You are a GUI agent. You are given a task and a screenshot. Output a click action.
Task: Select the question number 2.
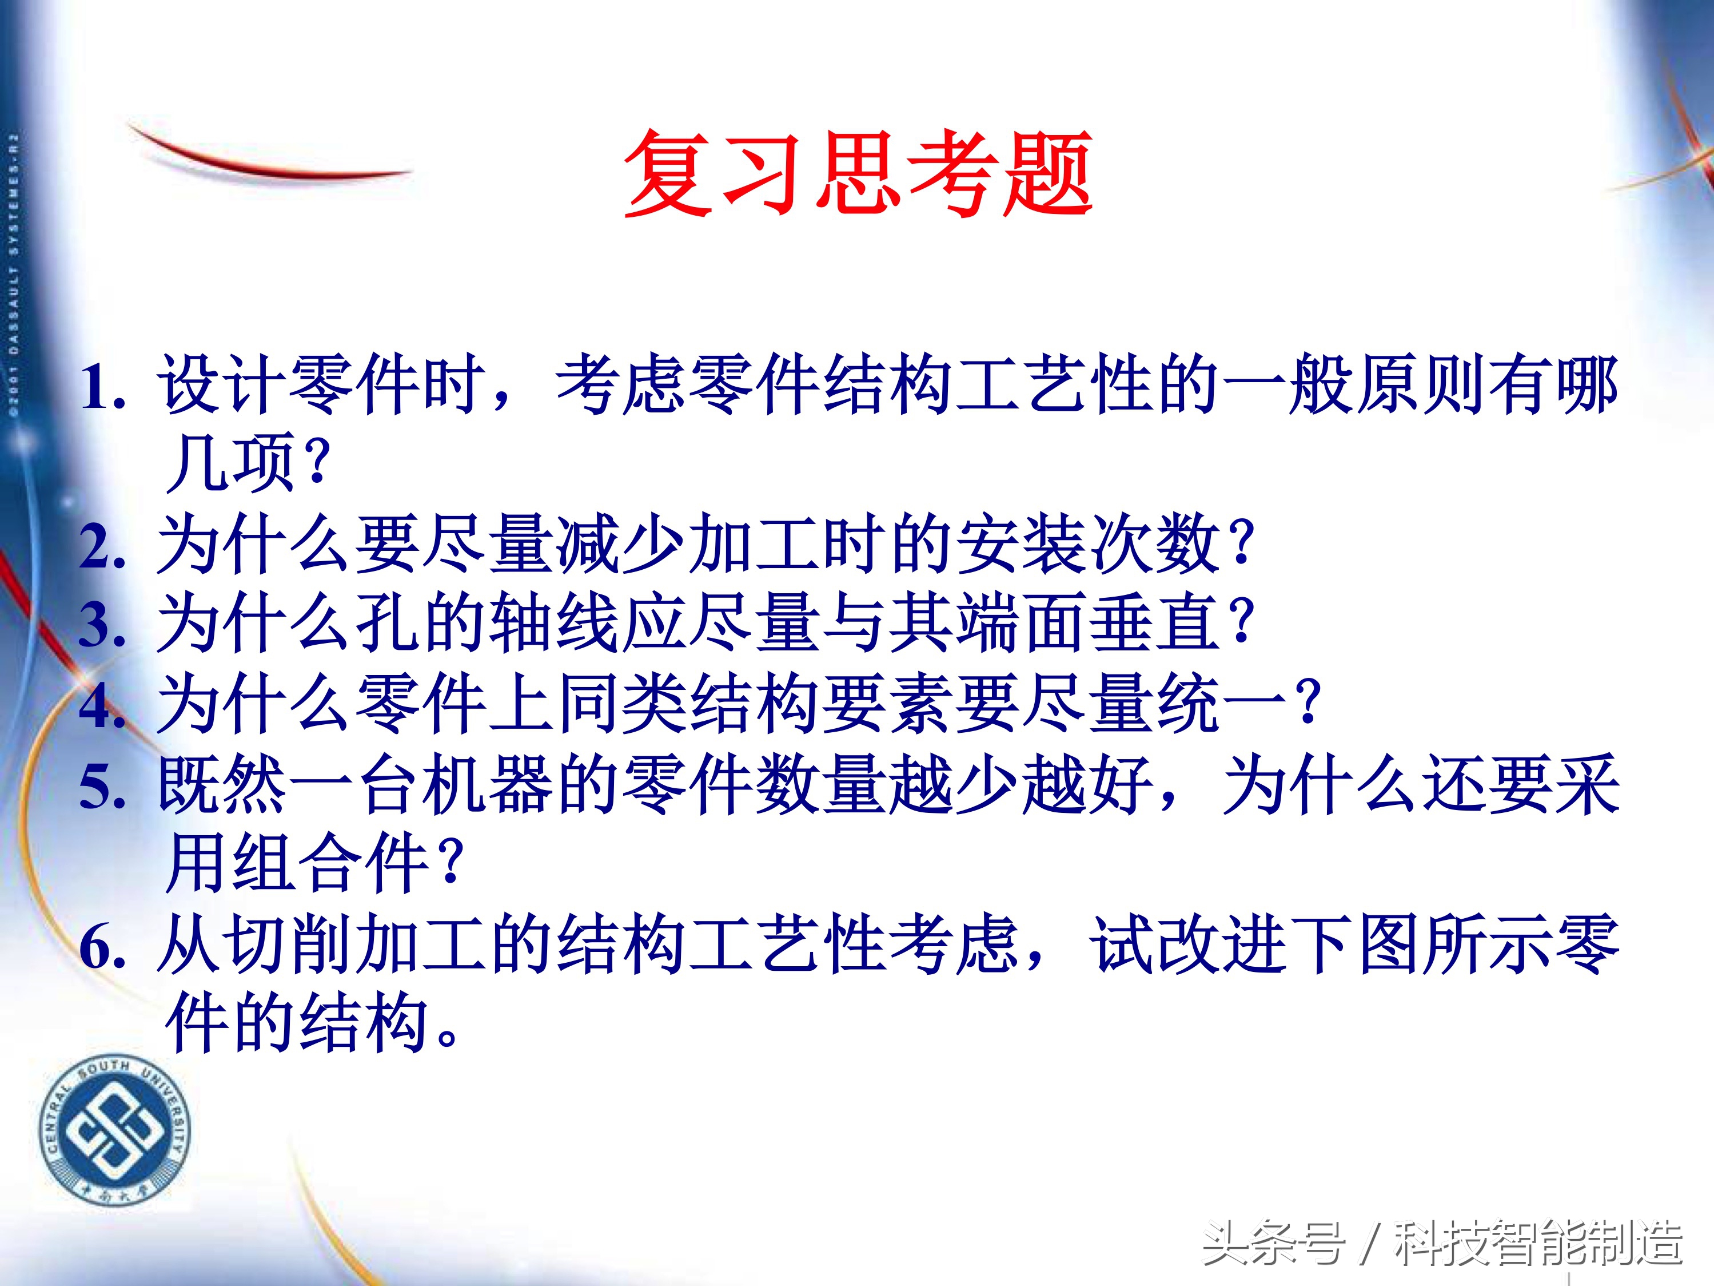[x=102, y=547]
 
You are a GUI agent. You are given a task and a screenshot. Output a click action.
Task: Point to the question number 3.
[x=102, y=626]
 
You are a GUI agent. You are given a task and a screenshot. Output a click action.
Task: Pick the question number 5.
[x=102, y=786]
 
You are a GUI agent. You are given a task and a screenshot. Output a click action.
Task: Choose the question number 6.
[x=102, y=947]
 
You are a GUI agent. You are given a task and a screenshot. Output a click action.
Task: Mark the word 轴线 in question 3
[x=556, y=624]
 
